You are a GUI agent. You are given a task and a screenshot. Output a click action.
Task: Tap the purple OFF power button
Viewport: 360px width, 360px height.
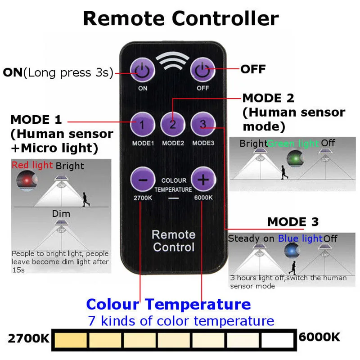click(x=202, y=71)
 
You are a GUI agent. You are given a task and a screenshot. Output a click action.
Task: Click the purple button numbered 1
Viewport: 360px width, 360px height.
click(x=143, y=124)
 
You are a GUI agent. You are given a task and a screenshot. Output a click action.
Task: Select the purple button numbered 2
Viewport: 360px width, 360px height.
click(x=173, y=124)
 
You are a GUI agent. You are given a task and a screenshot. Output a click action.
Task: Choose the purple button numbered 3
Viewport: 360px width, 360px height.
click(x=203, y=124)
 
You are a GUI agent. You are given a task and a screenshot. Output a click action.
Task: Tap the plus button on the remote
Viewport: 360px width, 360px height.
click(x=203, y=180)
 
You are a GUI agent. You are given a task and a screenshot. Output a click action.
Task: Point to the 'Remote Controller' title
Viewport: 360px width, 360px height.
click(x=180, y=19)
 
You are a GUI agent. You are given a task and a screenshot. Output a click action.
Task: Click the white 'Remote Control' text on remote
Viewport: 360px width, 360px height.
click(x=173, y=241)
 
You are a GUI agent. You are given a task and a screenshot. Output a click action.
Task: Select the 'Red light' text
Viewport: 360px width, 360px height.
click(x=32, y=165)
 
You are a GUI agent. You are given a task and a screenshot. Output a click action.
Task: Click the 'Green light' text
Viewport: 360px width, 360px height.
click(x=293, y=144)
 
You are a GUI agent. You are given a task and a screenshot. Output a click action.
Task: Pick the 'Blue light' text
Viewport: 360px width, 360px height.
click(x=300, y=238)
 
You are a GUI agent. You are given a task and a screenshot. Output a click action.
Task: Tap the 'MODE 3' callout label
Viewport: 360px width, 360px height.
click(x=292, y=222)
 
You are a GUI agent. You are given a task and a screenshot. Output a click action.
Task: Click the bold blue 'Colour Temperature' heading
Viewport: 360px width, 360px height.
click(x=168, y=304)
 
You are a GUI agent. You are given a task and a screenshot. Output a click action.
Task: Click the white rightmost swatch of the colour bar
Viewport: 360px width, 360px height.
click(x=277, y=340)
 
